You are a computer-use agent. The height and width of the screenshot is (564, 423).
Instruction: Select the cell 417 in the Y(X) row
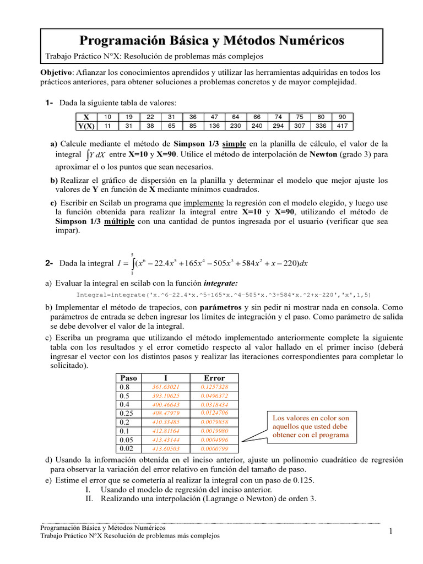pos(343,126)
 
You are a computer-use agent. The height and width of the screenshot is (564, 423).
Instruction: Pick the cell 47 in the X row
pos(214,117)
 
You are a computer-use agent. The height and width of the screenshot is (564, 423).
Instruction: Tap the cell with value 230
pos(236,126)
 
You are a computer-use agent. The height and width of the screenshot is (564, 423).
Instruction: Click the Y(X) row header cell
pos(86,126)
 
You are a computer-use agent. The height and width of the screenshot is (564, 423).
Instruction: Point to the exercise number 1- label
pos(49,103)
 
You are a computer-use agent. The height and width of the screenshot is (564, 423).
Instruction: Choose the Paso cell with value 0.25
pos(128,413)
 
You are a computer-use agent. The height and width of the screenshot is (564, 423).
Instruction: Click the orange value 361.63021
pos(166,387)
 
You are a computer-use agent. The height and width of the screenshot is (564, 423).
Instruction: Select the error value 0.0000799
pos(214,448)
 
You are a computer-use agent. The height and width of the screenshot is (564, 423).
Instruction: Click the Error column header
pos(214,378)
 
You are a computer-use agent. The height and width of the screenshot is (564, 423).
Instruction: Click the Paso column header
pos(128,378)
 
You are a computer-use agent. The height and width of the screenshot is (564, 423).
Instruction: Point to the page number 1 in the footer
pos(389,531)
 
